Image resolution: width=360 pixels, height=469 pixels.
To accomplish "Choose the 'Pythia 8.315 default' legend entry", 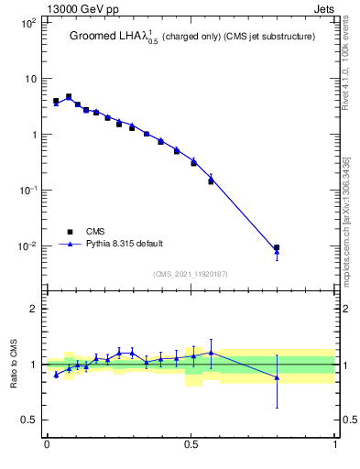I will click(125, 245).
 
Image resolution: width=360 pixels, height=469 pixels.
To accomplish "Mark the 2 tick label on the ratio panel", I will click(34, 309).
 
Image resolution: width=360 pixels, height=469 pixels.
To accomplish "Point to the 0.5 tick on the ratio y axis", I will click(30, 420).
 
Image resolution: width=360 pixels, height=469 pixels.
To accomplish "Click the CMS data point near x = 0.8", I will click(278, 247).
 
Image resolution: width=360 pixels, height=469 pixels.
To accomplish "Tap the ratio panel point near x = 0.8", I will click(278, 377).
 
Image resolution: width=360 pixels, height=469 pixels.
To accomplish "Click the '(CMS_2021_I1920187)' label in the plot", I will click(190, 274).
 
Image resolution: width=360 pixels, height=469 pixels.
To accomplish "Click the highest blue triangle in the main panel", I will click(69, 96).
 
